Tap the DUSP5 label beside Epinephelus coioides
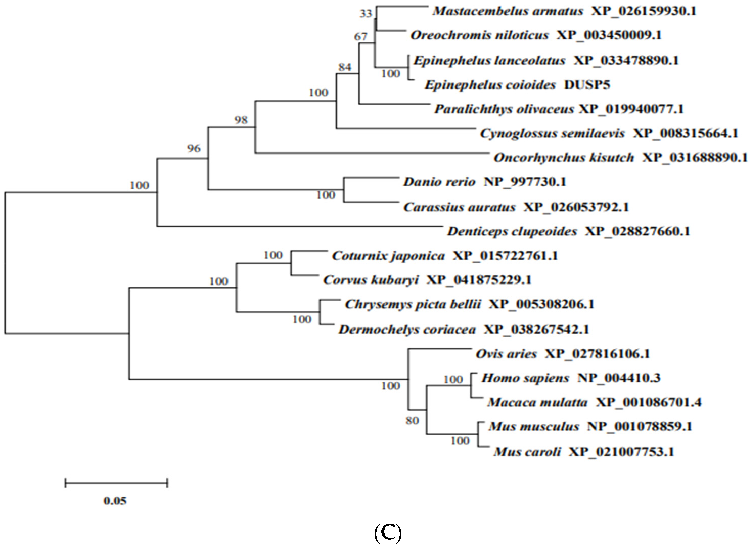coord(587,85)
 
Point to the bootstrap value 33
coord(366,14)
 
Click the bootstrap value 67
coord(361,37)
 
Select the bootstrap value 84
coord(345,67)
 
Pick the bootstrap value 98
coord(241,120)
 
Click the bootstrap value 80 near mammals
coord(412,421)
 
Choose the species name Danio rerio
coord(439,182)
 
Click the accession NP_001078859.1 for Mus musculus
coord(640,426)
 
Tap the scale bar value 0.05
coord(115,500)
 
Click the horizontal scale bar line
coord(116,483)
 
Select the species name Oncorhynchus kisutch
coord(564,158)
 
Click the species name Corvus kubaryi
coord(371,280)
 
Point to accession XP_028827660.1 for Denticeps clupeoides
coord(637,231)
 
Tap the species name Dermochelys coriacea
coord(407,330)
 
